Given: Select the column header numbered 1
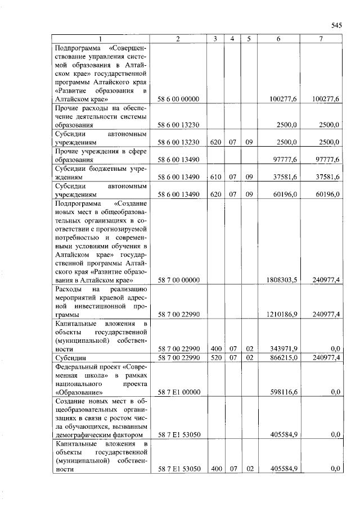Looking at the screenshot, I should click(x=100, y=39).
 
